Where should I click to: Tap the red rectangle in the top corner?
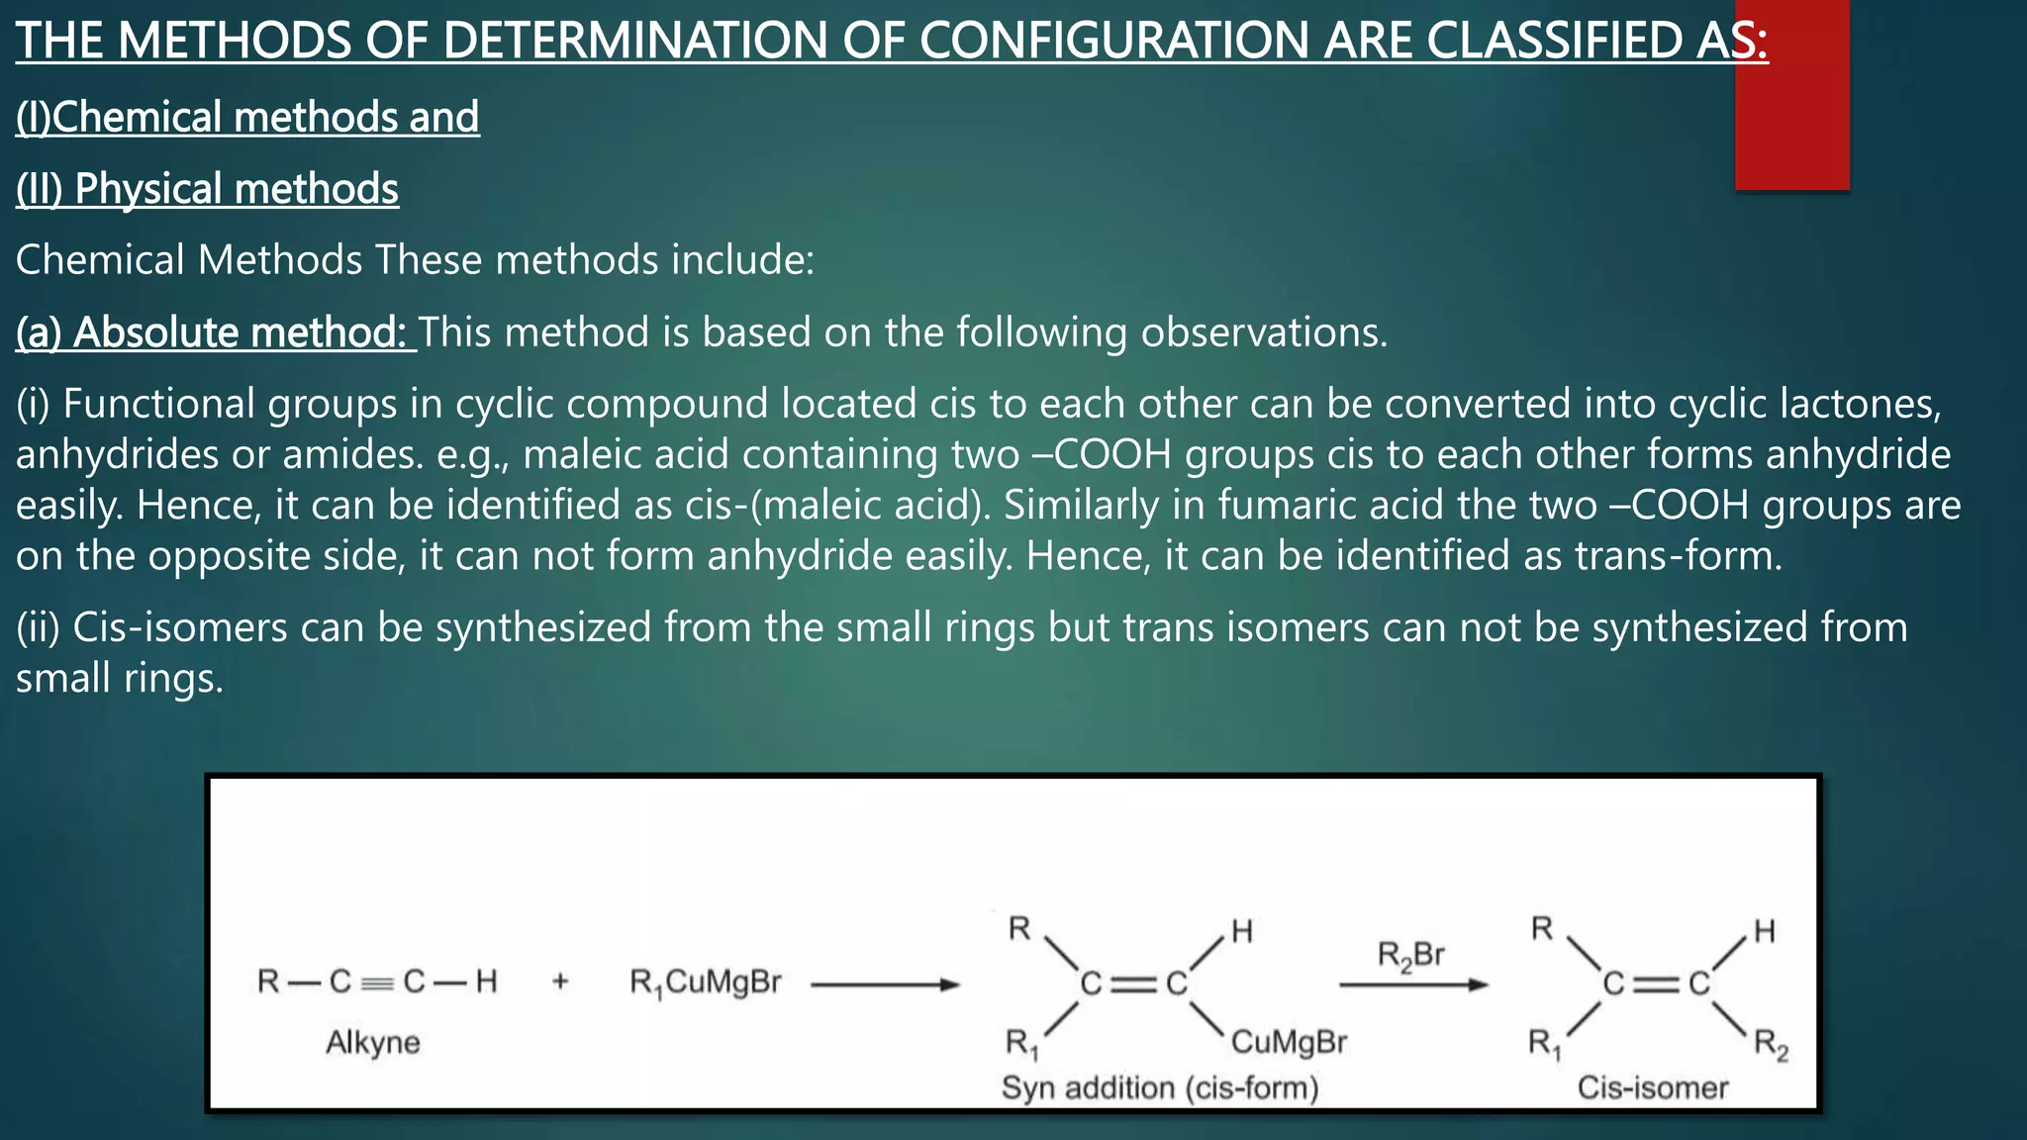click(1791, 95)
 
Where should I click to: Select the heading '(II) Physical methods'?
click(207, 189)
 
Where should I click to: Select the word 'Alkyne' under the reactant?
click(373, 1042)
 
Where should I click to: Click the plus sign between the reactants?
click(560, 982)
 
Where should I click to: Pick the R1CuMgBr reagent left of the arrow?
click(705, 983)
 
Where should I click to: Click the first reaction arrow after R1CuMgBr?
click(885, 985)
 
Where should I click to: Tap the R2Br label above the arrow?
click(1410, 956)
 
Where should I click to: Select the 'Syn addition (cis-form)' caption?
click(1160, 1088)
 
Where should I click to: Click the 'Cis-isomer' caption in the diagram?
click(1652, 1088)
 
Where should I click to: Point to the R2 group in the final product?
click(1771, 1044)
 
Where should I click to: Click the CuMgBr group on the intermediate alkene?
click(1289, 1042)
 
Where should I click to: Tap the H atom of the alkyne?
click(486, 982)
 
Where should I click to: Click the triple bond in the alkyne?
click(377, 983)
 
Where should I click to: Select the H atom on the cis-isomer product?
click(1764, 931)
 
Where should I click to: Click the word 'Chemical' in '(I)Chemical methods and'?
click(136, 117)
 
